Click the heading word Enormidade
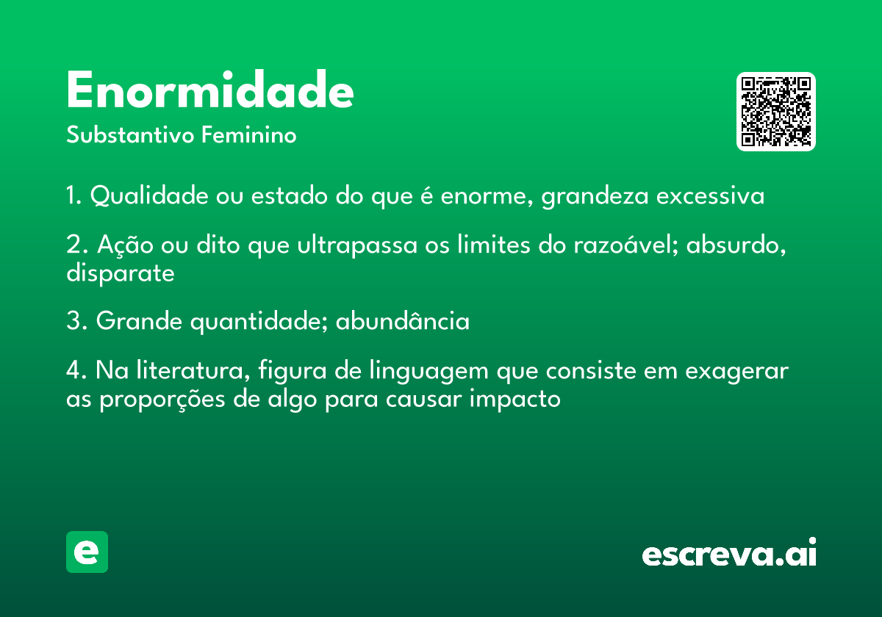pyautogui.click(x=210, y=90)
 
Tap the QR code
pyautogui.click(x=775, y=112)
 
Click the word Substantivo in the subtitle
pyautogui.click(x=130, y=134)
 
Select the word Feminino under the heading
pyautogui.click(x=249, y=134)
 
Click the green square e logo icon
pyautogui.click(x=87, y=552)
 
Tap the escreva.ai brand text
pyautogui.click(x=729, y=552)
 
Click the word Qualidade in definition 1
pyautogui.click(x=149, y=195)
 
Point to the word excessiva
pyautogui.click(x=710, y=196)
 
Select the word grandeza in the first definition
pyautogui.click(x=595, y=196)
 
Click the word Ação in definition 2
pyautogui.click(x=125, y=245)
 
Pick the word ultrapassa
pyautogui.click(x=357, y=245)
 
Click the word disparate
pyautogui.click(x=121, y=273)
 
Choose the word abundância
pyautogui.click(x=403, y=321)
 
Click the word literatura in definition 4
pyautogui.click(x=193, y=370)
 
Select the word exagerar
pyautogui.click(x=737, y=372)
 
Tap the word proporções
pyautogui.click(x=162, y=400)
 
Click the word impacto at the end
pyautogui.click(x=515, y=400)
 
